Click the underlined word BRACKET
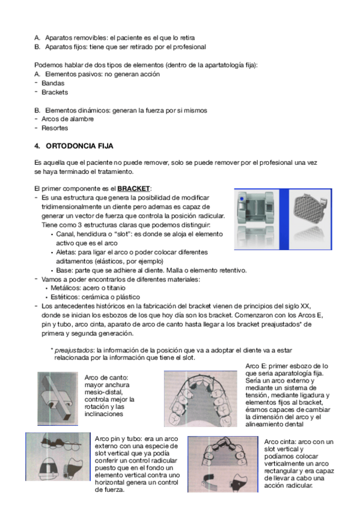(133, 189)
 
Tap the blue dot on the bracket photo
(242, 198)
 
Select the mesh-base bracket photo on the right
(310, 220)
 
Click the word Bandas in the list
(53, 83)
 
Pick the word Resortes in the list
(55, 128)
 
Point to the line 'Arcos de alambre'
(67, 119)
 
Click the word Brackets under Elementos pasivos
(55, 93)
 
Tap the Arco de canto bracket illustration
(58, 398)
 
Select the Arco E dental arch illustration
(201, 399)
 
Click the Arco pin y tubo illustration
(58, 456)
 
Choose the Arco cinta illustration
(223, 464)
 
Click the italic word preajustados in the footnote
(74, 350)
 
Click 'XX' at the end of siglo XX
(305, 306)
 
